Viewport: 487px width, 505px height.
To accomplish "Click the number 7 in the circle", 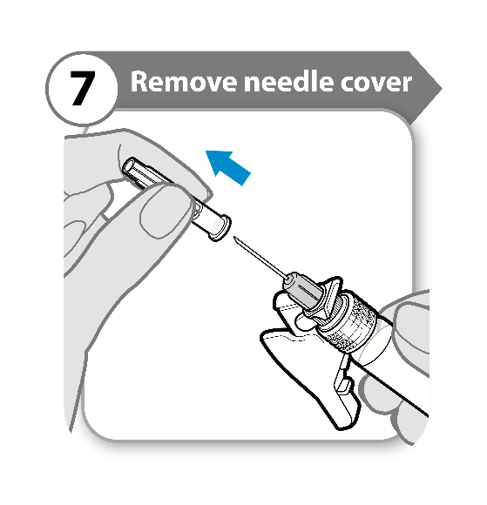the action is (x=83, y=88).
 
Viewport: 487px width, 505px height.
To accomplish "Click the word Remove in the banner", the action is (x=184, y=82).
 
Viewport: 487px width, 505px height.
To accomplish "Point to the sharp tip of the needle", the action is (x=234, y=237).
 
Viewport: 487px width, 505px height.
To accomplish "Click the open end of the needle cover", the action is (x=130, y=167).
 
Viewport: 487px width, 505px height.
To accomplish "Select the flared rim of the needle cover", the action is (x=220, y=228).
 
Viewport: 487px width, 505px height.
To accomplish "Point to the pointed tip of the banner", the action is (x=442, y=88).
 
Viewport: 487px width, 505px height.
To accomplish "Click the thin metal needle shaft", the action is (x=260, y=258).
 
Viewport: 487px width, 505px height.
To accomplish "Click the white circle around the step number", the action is (x=82, y=88).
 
